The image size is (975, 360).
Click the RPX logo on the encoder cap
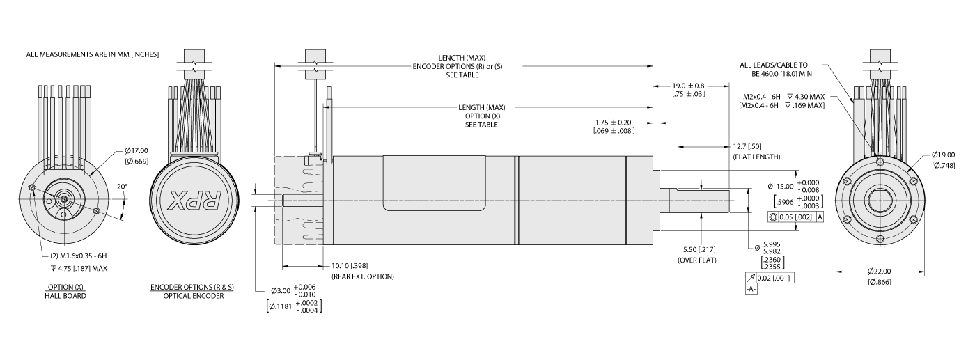coord(196,201)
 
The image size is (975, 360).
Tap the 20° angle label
coord(122,186)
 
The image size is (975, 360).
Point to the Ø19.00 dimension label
coord(944,155)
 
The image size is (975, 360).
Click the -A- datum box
coord(751,289)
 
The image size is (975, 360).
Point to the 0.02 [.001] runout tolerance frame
coord(770,278)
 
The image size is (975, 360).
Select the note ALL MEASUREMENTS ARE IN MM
coord(93,54)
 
